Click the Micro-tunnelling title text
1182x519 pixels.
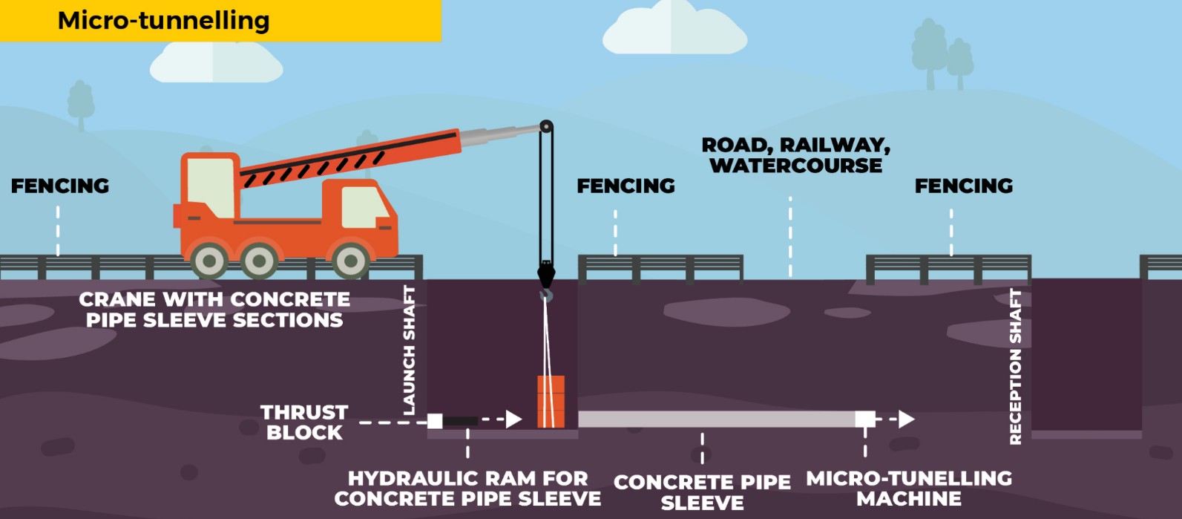pos(163,20)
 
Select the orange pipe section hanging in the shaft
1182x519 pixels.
pos(551,401)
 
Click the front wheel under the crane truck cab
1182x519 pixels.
pos(350,260)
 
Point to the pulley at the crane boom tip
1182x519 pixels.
pos(546,127)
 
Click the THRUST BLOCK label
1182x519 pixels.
pos(304,422)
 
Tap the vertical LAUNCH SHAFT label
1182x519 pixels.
pos(409,350)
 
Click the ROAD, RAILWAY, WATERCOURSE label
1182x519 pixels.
pos(796,155)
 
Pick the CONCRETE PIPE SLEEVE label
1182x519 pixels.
pos(702,492)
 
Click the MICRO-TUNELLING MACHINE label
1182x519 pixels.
pos(909,489)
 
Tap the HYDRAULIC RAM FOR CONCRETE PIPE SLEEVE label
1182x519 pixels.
pos(467,489)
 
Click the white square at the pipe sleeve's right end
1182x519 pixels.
pos(864,419)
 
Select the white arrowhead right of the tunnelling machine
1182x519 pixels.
pos(906,419)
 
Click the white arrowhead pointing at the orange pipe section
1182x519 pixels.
pos(513,420)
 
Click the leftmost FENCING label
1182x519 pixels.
pos(60,186)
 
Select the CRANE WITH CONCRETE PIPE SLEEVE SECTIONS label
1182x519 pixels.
pos(214,310)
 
